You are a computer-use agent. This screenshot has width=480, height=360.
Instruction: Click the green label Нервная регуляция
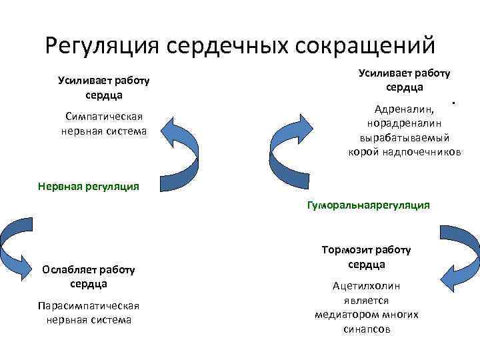point(89,187)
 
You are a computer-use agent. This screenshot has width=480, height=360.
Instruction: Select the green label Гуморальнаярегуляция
point(368,206)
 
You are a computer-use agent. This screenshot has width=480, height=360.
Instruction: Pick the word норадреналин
point(404,123)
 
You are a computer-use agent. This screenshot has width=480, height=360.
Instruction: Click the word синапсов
point(367,329)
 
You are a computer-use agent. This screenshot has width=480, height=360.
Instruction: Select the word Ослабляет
point(69,269)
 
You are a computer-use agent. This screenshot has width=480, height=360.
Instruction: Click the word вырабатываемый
point(404,137)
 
